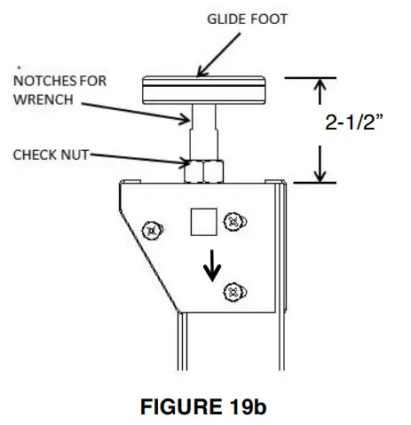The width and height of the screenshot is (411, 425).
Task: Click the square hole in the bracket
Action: (x=203, y=222)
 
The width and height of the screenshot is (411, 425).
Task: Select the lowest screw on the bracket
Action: (x=233, y=290)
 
